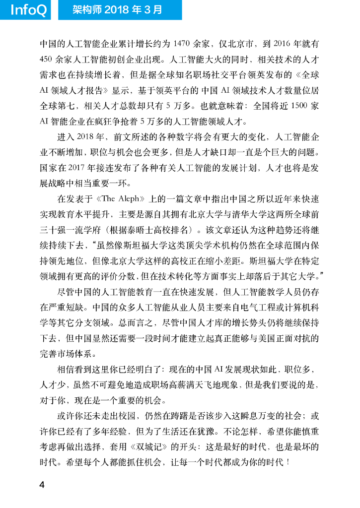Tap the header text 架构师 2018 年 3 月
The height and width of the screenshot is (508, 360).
click(x=118, y=10)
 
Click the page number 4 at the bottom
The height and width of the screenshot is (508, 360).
click(x=43, y=485)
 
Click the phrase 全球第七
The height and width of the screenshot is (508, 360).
click(x=57, y=106)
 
